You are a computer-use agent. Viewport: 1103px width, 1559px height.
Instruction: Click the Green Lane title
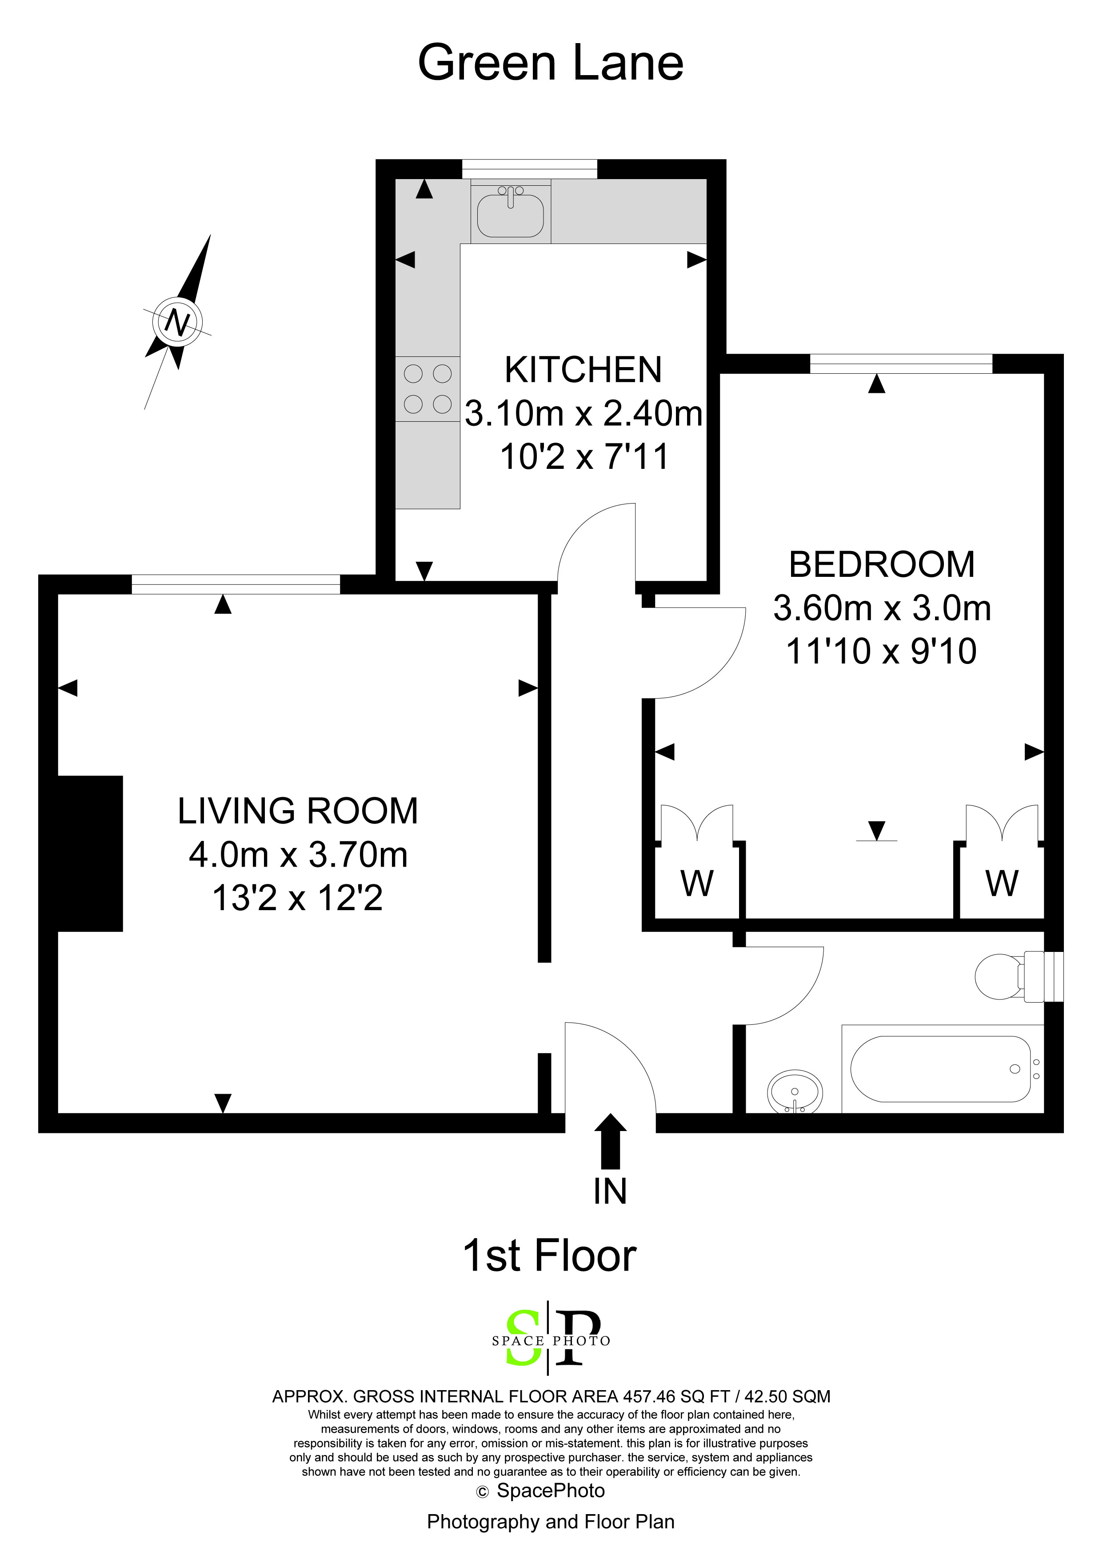point(550,63)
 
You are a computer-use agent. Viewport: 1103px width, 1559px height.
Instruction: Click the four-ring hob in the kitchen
point(428,389)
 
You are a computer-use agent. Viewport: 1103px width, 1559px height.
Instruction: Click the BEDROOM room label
point(882,565)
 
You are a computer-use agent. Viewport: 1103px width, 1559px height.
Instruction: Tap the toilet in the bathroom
point(1010,977)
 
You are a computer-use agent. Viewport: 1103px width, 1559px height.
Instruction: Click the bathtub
point(943,1069)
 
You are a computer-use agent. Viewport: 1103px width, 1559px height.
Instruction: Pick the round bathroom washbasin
point(795,1093)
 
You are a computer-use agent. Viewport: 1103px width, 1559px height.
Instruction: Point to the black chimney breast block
point(90,854)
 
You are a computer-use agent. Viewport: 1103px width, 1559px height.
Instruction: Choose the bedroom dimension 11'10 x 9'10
point(882,651)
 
